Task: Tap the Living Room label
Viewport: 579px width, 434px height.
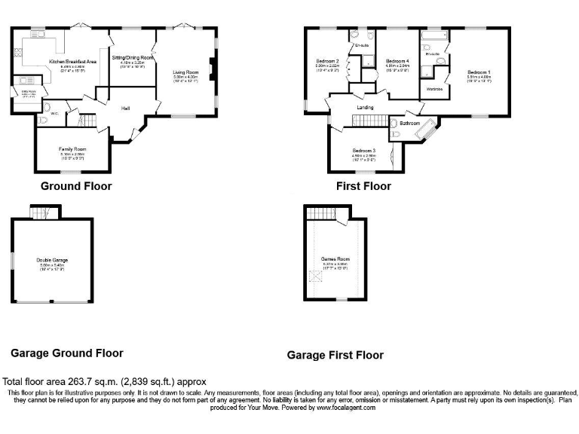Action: (x=185, y=72)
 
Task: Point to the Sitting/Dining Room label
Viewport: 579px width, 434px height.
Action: (x=133, y=57)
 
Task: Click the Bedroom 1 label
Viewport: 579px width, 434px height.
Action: (x=479, y=72)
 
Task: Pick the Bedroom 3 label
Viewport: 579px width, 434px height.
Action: (x=364, y=151)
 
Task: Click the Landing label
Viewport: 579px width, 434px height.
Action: (x=366, y=108)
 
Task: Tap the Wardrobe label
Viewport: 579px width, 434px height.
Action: (x=434, y=89)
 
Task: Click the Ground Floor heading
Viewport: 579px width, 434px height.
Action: (x=76, y=186)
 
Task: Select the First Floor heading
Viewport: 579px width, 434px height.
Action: (x=364, y=186)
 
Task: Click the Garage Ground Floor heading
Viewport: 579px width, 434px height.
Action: (x=67, y=353)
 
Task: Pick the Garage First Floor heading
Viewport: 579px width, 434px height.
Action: (x=335, y=355)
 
